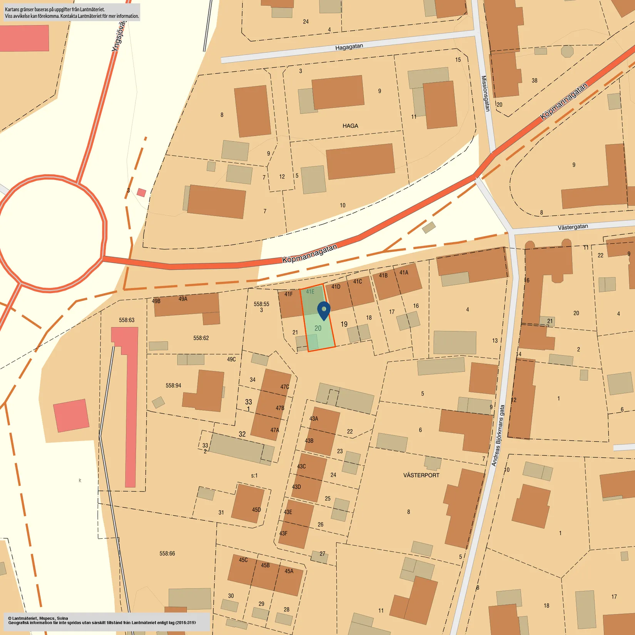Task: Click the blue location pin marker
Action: point(324,310)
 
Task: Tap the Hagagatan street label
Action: point(349,47)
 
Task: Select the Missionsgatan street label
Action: point(486,93)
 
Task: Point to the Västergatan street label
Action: point(573,227)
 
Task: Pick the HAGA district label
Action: point(350,126)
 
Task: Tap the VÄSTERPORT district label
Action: point(421,475)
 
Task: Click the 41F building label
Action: point(289,294)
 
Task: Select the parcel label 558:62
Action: point(201,338)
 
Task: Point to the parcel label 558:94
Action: point(173,385)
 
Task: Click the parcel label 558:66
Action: point(167,553)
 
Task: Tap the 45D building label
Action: point(256,510)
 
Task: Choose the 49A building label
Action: point(183,299)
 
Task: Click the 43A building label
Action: point(314,418)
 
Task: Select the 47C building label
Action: point(284,387)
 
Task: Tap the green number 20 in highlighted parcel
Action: point(318,328)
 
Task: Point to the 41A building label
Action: point(404,272)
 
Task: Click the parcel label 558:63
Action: point(127,320)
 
